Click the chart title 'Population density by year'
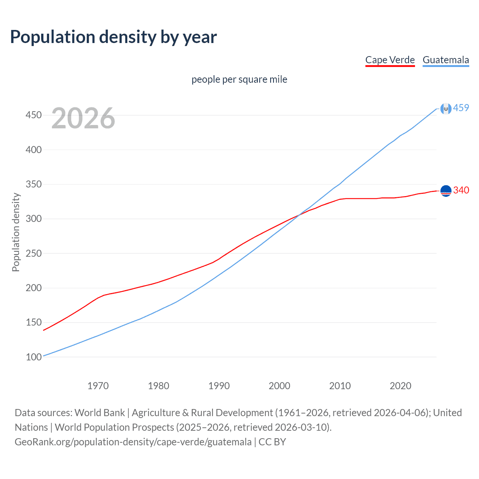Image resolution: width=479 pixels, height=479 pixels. point(113,37)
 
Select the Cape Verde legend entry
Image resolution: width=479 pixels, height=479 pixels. point(390,60)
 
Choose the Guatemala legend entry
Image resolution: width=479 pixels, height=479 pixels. point(446,60)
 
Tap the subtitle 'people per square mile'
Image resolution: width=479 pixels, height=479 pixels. point(239,79)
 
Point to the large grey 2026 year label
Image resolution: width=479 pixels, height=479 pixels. point(83,118)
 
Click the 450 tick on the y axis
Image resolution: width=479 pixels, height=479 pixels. point(34,115)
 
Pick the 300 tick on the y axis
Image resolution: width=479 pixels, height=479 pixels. point(34,219)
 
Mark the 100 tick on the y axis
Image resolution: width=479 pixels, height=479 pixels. point(34,357)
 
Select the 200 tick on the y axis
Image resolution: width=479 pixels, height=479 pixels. point(34,288)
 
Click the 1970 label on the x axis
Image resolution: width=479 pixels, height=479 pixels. point(98,386)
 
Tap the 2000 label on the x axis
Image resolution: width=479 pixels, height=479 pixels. point(280,386)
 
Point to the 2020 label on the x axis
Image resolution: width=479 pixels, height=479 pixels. point(400,386)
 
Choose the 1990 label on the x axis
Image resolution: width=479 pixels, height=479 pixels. point(219,386)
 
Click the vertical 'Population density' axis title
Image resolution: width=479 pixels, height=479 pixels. point(16,232)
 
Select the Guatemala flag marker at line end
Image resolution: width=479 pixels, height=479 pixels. point(446,109)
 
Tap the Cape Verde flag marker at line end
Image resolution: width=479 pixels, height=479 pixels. point(446,191)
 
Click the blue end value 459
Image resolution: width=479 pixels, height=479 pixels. point(461,108)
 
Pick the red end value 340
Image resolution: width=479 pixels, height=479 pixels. point(461,190)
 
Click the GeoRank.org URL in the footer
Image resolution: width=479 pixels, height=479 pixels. point(133,442)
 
